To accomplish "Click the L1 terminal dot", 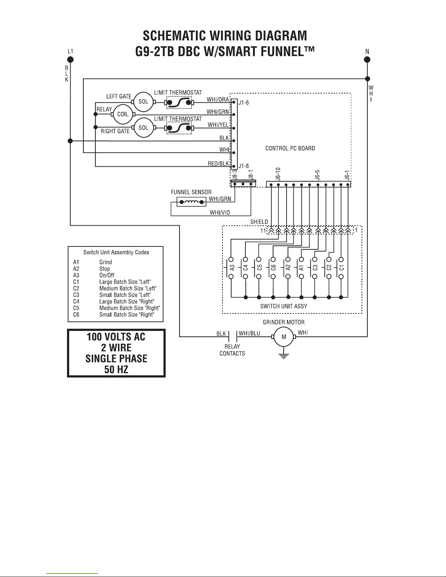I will (x=71, y=60).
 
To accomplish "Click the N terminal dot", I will (x=367, y=60).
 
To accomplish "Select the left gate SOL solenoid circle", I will (x=143, y=102).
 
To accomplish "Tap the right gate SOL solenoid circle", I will (x=143, y=128).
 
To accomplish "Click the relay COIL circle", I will (x=123, y=114).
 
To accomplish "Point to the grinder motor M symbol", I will (x=284, y=337).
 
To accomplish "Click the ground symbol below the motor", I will (x=284, y=355).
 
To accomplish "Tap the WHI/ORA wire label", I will (x=218, y=99).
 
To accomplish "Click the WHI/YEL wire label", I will (x=218, y=125).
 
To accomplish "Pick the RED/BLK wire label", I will (x=218, y=164).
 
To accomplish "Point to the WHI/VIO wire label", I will (x=220, y=213).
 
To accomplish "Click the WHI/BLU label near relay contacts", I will (x=249, y=333).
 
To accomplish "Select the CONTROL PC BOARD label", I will (x=290, y=148).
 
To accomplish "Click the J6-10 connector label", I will (x=278, y=174).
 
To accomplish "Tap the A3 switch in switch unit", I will (x=231, y=269).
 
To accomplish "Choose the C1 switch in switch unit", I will (x=341, y=269).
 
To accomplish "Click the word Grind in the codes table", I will (x=106, y=262).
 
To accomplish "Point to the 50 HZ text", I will (x=116, y=370).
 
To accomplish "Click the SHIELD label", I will (x=259, y=222).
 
